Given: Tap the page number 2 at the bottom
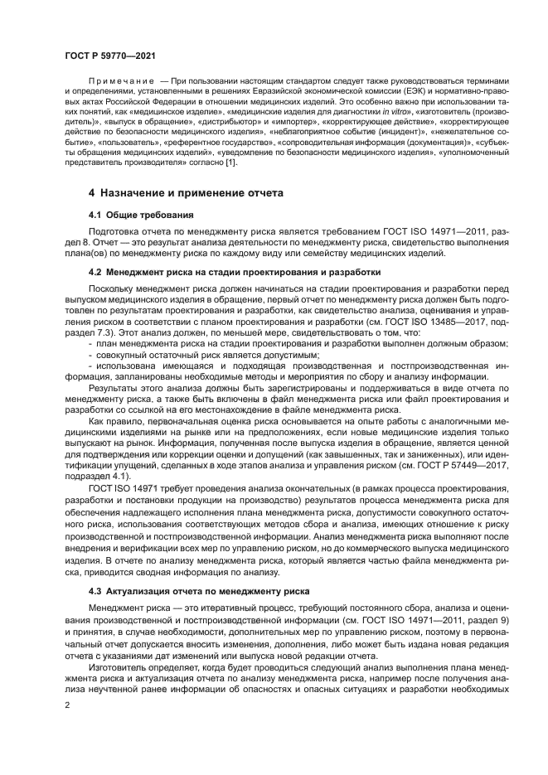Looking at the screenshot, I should click(x=66, y=705).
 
